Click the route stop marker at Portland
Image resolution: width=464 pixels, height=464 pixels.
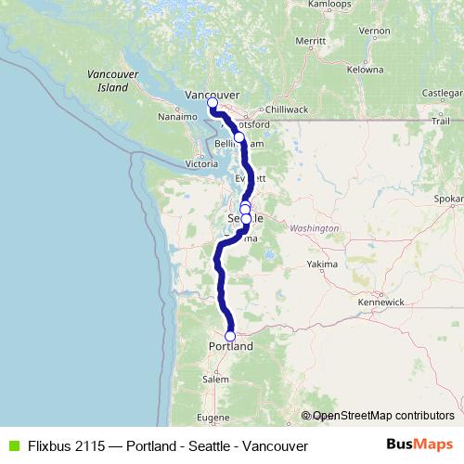click(x=230, y=337)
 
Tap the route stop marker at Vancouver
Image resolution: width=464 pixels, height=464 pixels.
click(x=213, y=103)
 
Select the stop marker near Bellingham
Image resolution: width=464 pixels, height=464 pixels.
click(x=238, y=137)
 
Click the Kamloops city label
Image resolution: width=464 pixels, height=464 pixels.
click(x=330, y=5)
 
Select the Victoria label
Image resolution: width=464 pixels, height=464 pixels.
click(x=201, y=164)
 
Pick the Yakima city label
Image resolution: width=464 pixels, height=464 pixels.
click(x=322, y=264)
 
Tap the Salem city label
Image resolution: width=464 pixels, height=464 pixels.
click(x=215, y=380)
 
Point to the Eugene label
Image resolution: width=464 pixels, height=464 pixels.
click(x=213, y=419)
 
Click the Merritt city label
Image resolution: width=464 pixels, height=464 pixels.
click(x=311, y=42)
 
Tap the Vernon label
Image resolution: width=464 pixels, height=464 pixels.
click(x=375, y=31)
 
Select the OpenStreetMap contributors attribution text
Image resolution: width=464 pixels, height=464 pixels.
click(x=382, y=416)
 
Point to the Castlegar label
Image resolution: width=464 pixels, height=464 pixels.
click(x=441, y=93)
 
